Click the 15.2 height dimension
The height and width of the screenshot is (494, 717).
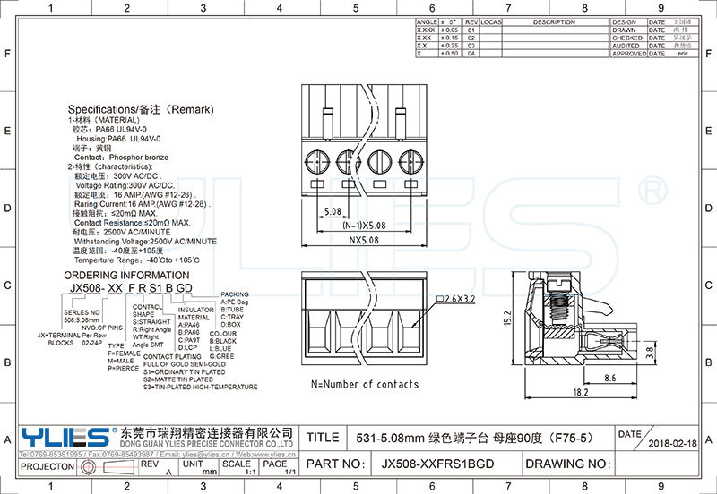pos(507,318)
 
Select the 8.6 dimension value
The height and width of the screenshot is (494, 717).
pos(609,379)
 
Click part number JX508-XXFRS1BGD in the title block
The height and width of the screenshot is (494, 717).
pos(437,464)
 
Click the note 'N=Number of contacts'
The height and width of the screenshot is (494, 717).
pos(365,384)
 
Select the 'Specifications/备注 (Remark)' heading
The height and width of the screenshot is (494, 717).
pos(142,109)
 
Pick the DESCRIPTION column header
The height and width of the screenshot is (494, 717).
pos(553,21)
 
